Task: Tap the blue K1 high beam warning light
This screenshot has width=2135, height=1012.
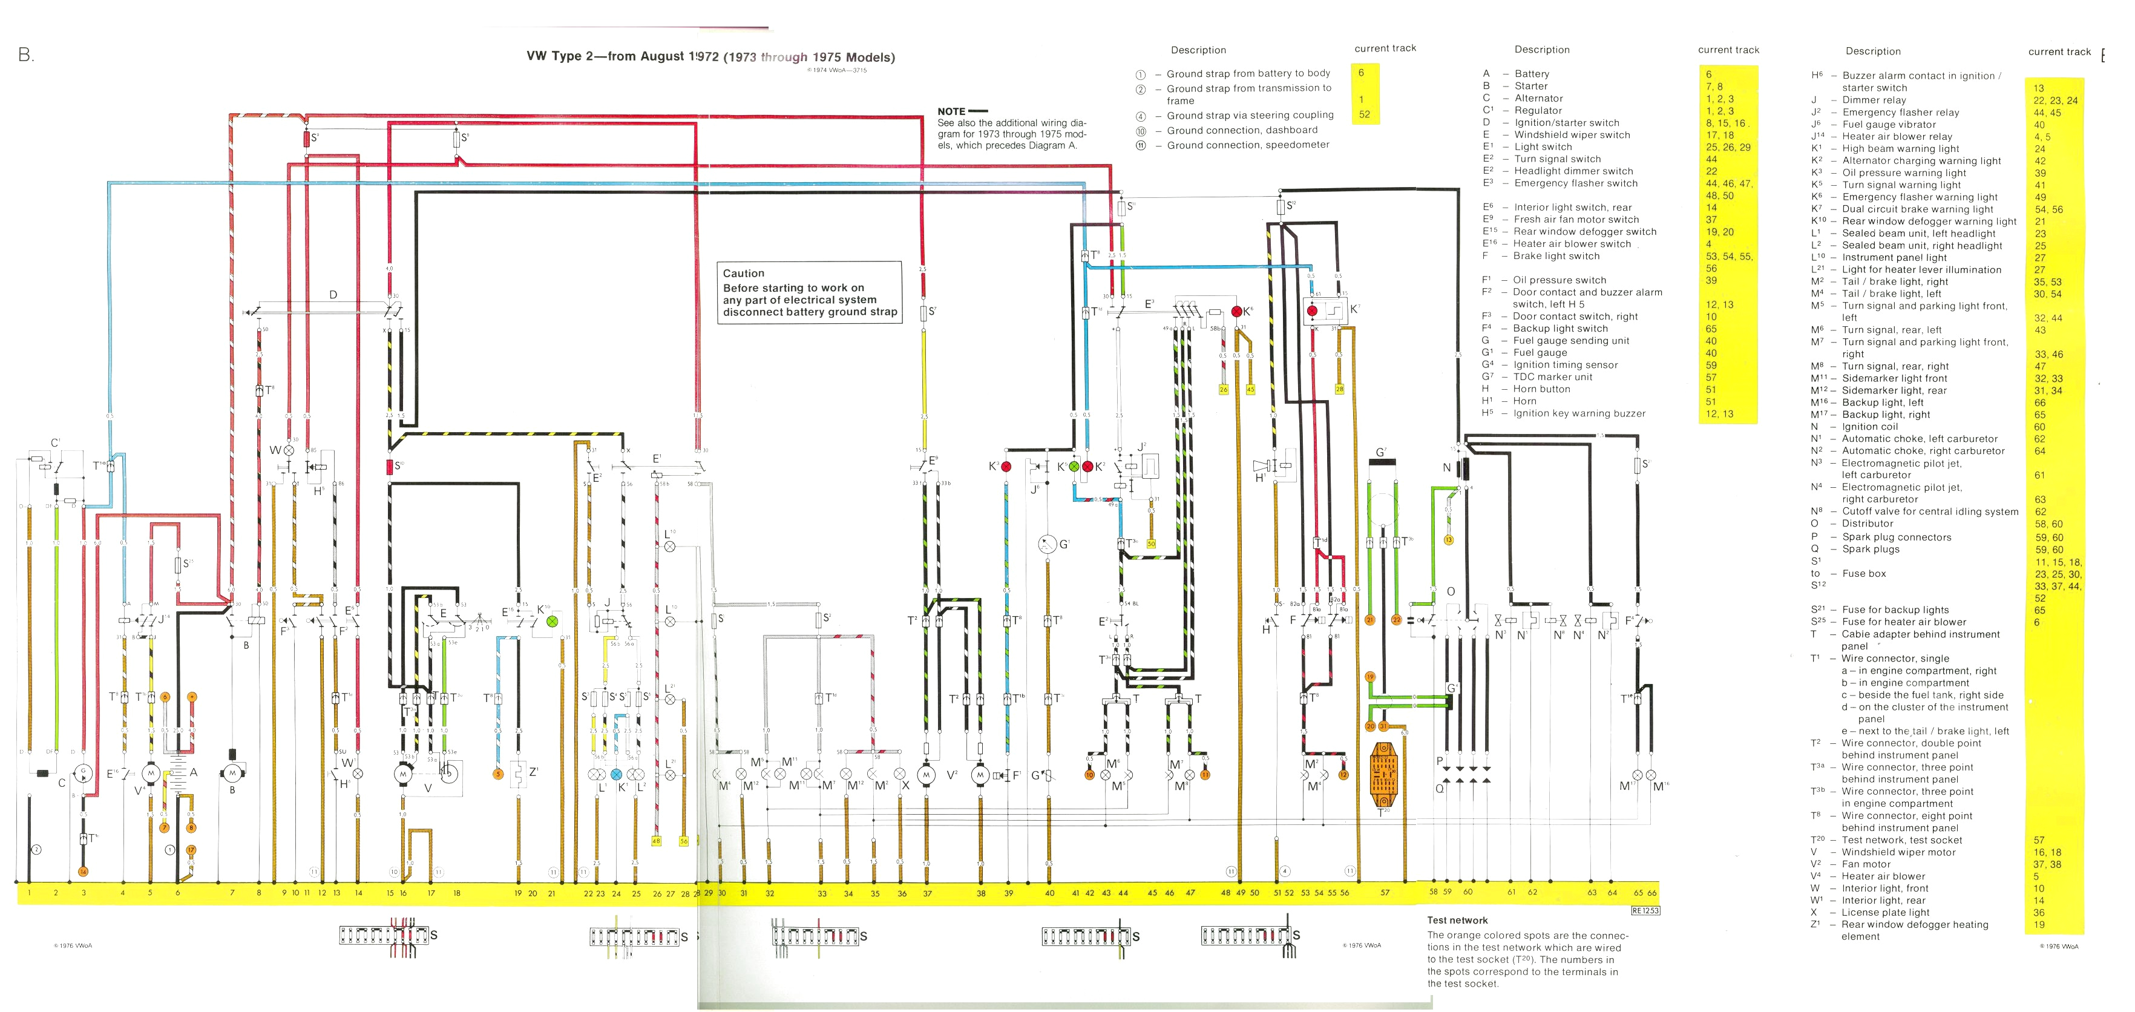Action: coord(616,774)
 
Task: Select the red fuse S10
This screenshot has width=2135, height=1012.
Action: coord(389,467)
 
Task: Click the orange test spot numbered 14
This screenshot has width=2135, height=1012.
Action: coord(83,871)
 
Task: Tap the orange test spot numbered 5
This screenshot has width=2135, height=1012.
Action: coord(498,774)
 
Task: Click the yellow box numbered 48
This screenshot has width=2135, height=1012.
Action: coord(657,841)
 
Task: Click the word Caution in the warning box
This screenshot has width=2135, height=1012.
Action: coord(743,274)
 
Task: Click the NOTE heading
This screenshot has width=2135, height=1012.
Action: coord(951,111)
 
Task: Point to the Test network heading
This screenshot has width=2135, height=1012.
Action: coord(1457,920)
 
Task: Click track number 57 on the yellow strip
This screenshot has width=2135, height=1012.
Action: coord(1385,893)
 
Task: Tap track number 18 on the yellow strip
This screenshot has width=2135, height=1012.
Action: coord(457,893)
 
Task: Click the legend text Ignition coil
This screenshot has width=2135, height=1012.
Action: coord(1870,427)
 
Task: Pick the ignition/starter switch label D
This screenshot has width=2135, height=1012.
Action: coord(333,294)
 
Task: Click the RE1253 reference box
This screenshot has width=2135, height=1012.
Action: coord(1645,910)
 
